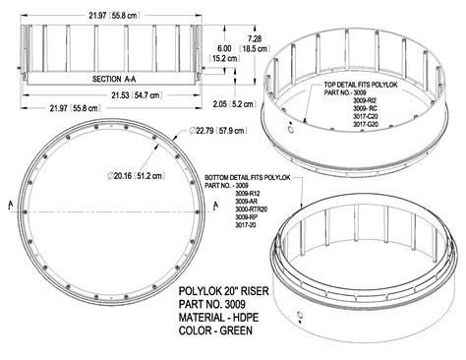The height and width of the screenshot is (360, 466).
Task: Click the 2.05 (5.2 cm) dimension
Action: tap(236, 101)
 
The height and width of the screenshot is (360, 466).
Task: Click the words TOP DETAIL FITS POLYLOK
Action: tap(357, 87)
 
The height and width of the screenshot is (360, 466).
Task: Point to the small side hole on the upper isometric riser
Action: tap(293, 128)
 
